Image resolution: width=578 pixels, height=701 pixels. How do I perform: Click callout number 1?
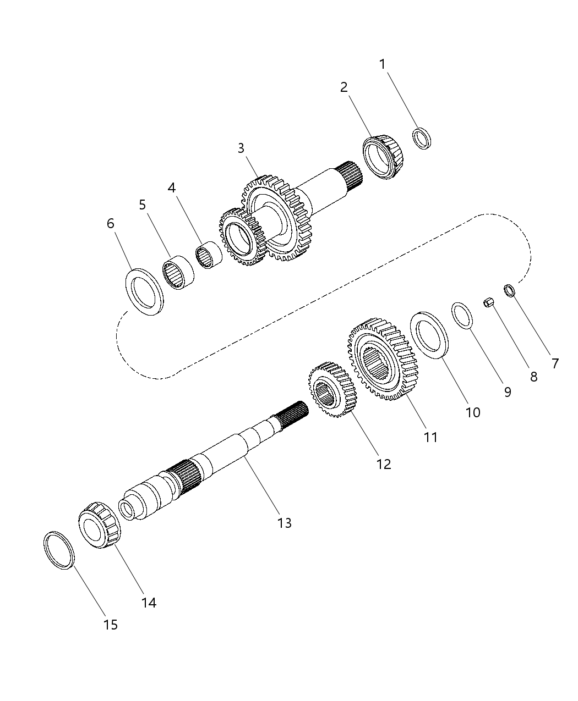click(x=383, y=64)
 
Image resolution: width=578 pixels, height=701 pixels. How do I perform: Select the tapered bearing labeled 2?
click(x=384, y=157)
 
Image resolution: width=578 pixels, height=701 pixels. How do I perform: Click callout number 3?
click(x=241, y=148)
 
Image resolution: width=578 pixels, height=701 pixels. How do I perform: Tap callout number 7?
click(x=555, y=363)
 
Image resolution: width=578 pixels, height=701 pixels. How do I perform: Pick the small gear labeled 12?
click(x=332, y=389)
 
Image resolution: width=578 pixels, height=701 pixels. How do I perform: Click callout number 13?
click(x=285, y=523)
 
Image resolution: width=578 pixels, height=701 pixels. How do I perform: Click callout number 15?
click(x=111, y=625)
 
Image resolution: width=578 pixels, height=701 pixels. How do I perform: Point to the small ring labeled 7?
click(x=509, y=289)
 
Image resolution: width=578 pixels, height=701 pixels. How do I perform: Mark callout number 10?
click(x=473, y=412)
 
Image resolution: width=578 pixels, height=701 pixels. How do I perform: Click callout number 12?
click(x=384, y=464)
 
